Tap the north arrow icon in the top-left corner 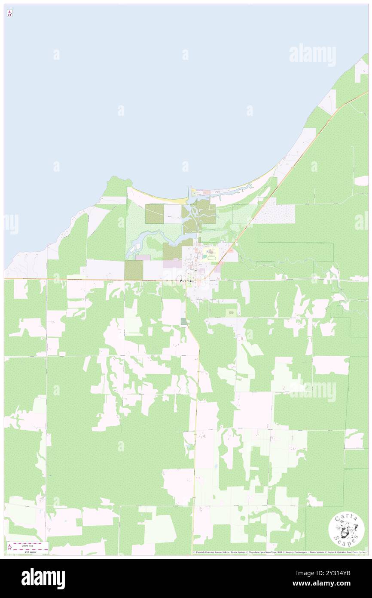click(x=9, y=13)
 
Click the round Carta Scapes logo click(x=346, y=530)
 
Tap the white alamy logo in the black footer click(x=43, y=579)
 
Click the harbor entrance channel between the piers click(x=189, y=191)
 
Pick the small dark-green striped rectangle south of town click(x=184, y=322)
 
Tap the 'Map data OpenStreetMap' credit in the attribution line click(x=261, y=552)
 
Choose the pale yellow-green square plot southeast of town click(x=231, y=313)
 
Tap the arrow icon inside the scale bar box click(x=10, y=548)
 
